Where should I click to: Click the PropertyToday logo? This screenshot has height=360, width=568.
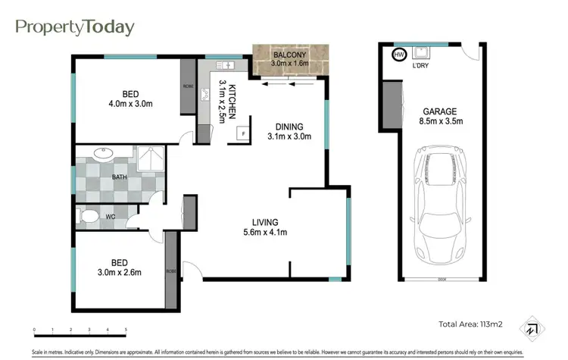click(75, 27)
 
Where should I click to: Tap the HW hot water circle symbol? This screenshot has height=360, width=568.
click(398, 55)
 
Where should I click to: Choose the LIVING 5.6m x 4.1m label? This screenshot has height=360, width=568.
click(269, 227)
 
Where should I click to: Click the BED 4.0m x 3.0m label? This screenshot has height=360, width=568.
click(130, 99)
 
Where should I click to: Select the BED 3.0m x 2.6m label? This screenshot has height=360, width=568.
click(119, 267)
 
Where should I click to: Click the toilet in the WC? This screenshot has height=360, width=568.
click(91, 218)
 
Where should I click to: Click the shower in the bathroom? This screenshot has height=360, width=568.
click(150, 160)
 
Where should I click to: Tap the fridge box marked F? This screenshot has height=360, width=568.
click(242, 133)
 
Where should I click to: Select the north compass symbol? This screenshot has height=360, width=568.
click(534, 328)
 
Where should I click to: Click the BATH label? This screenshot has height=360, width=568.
click(120, 177)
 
